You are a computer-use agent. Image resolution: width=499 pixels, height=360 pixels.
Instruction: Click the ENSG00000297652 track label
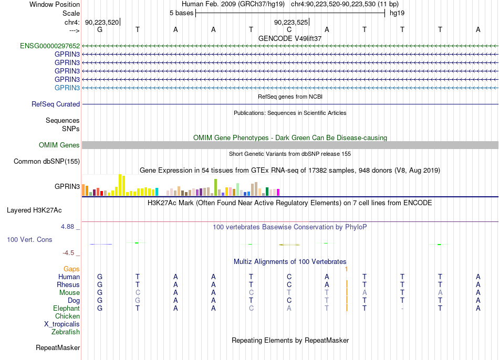click(50, 46)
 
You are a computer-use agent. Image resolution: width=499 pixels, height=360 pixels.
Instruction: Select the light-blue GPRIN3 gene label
click(67, 88)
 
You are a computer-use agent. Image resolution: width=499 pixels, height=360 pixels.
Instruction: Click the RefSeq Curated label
click(56, 104)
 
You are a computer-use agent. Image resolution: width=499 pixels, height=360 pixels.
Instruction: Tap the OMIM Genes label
click(59, 145)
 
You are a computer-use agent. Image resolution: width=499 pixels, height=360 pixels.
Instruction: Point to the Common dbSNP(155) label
click(47, 161)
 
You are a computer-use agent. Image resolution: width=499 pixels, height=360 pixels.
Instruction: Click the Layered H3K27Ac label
click(34, 210)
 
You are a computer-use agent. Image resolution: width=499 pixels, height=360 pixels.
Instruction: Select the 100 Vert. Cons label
click(29, 239)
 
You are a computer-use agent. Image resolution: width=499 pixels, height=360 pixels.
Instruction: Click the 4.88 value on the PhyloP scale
click(67, 226)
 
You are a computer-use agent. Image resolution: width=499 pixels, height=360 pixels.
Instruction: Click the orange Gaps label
click(71, 269)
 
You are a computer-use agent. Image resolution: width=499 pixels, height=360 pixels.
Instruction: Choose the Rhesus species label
click(68, 284)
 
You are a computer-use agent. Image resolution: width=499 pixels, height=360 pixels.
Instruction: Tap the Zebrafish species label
click(66, 332)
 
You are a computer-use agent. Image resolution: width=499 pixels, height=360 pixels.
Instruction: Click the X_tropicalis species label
click(62, 324)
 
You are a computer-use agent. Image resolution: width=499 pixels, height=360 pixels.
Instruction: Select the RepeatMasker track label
click(58, 347)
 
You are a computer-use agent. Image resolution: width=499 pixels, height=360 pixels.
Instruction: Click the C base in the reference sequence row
click(289, 29)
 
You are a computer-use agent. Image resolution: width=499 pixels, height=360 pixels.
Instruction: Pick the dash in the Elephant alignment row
click(402, 309)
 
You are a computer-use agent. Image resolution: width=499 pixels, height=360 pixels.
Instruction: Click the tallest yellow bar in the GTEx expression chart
click(120, 185)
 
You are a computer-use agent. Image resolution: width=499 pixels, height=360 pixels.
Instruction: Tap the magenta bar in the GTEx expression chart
click(278, 192)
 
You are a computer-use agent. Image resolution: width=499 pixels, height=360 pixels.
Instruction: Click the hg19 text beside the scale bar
click(397, 13)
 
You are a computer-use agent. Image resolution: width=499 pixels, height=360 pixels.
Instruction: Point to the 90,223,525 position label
click(291, 22)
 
